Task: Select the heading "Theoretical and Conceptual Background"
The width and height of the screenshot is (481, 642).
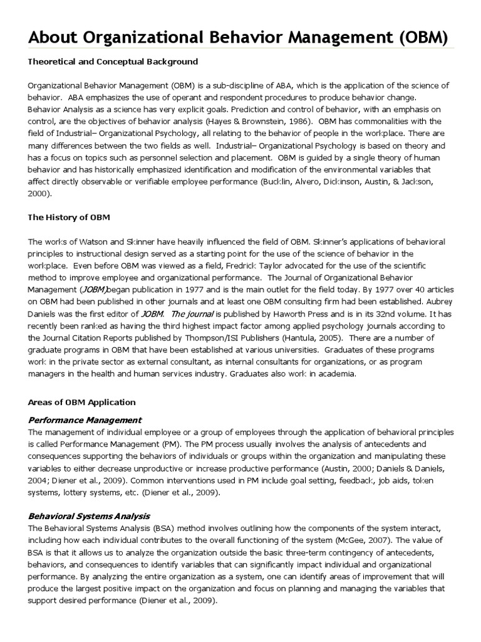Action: [113, 62]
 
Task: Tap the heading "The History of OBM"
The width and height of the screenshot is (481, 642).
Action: [69, 218]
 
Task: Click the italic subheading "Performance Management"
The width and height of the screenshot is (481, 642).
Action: [85, 420]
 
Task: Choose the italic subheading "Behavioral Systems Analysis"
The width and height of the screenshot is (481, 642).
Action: [89, 516]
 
